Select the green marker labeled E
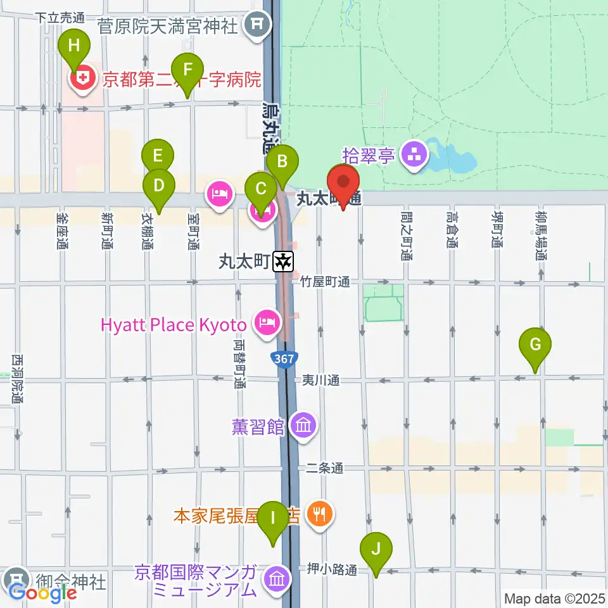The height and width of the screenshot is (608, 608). pos(157,155)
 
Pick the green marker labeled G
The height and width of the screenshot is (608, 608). pos(535,345)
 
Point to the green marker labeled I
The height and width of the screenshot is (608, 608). pos(273,517)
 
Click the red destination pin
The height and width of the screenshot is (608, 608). pos(343,182)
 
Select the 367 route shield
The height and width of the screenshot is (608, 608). pos(284,359)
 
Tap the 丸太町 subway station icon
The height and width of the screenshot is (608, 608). pos(283,261)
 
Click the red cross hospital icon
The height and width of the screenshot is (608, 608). pos(82,80)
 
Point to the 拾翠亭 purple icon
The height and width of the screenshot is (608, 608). pos(415,155)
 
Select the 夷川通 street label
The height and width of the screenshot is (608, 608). pos(320,380)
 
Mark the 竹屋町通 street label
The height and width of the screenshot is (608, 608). pos(325,282)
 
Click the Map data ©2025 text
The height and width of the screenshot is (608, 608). pos(554,598)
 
